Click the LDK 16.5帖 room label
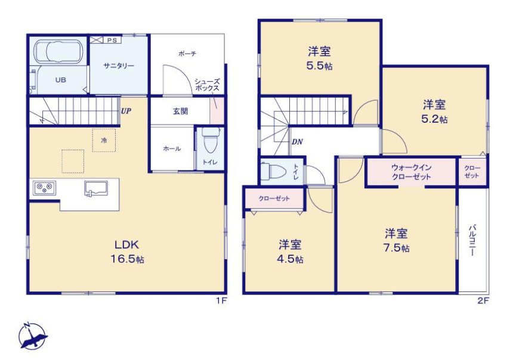pos(127,252)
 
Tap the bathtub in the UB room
pos(59,51)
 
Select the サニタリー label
pos(119,66)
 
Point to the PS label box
pos(112,40)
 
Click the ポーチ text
pos(187,54)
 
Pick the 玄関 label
pos(180,111)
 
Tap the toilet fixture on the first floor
pos(209,140)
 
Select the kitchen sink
pos(96,189)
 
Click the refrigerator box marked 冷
pos(104,140)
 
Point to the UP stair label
pos(126,111)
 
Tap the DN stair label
pos(297,142)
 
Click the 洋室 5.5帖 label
pos(319,58)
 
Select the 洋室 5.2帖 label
pos(434,111)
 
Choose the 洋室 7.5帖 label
pos(396,240)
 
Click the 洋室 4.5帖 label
pos(290,252)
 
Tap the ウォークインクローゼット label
pos(411,172)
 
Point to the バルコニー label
pos(472,240)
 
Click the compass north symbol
pos(32,336)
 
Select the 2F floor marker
pos(483,301)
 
